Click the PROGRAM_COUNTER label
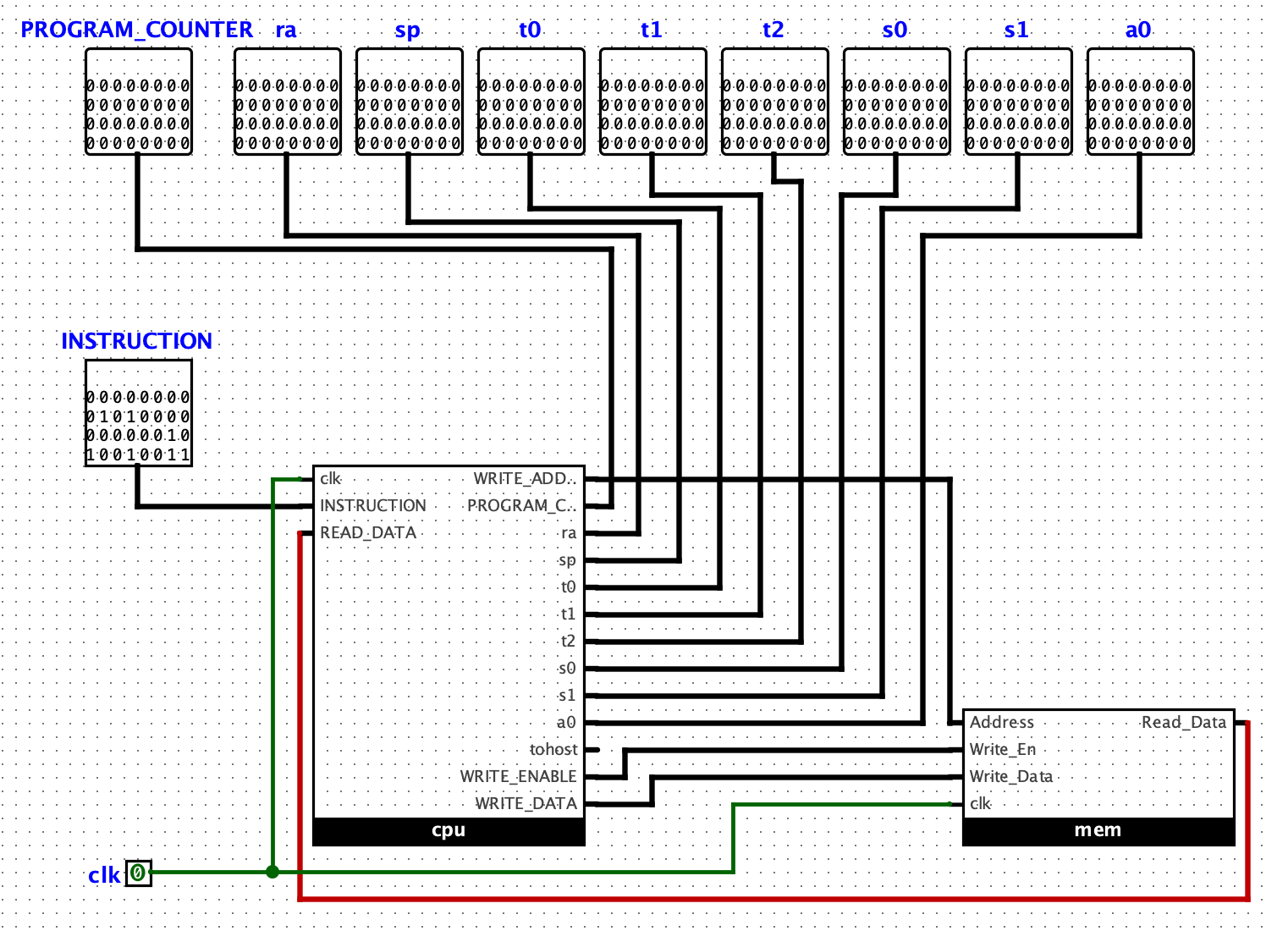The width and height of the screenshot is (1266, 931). coord(136,30)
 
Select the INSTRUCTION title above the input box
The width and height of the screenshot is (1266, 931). coord(136,341)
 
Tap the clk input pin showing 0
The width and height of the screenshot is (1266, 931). coord(138,873)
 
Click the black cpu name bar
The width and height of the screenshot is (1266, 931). coord(449,830)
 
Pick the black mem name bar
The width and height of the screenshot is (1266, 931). coord(1098,830)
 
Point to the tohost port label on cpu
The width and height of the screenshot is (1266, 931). coord(553,749)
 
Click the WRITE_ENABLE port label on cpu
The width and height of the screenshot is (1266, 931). coord(518,776)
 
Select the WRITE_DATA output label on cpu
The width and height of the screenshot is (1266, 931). coord(525,803)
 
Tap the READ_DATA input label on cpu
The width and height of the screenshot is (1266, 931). coord(368,532)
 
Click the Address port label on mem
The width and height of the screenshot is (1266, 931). coord(1001,722)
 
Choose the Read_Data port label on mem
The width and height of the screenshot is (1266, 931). coord(1183,722)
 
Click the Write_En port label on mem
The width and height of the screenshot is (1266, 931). coord(1002,749)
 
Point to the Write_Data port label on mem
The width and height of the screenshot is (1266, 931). coord(1010,776)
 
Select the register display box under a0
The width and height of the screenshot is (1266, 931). coord(1140,102)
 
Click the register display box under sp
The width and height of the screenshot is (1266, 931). coord(409,102)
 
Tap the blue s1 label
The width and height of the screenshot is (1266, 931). coord(1016,30)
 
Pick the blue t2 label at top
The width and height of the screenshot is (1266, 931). coord(773,30)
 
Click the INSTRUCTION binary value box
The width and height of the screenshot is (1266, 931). coord(138,413)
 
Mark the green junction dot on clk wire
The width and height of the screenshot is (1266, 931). coord(272,872)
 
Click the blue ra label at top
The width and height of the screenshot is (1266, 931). coord(286,30)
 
